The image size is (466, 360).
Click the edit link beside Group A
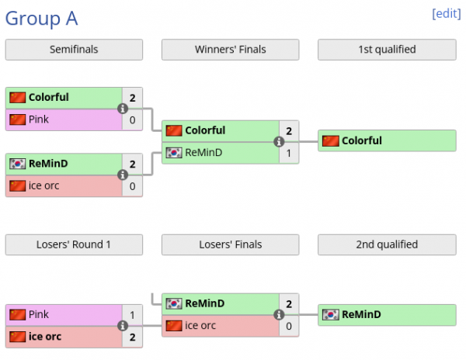coord(446,13)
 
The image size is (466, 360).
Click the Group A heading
coord(42,19)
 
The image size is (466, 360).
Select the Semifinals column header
coord(74,50)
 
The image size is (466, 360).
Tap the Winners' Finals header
coord(230,50)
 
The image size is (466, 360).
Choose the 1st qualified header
coord(387,50)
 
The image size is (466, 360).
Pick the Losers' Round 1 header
coord(74,244)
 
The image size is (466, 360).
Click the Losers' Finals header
coord(230,244)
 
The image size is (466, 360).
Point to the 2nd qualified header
coord(387,244)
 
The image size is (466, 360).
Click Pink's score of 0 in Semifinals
coord(133,119)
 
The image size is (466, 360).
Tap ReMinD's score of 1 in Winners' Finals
coord(289,153)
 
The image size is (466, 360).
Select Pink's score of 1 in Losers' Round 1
coord(133,315)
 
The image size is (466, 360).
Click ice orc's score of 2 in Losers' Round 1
coord(133,337)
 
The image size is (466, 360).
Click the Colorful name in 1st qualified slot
coord(362,141)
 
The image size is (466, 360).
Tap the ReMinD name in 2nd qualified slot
coord(361,315)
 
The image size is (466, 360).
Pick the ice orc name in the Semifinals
coord(46,186)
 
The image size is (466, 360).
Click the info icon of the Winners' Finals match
coord(278,142)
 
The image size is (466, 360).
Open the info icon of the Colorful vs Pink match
coord(122,109)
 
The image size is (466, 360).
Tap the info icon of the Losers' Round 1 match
coord(122,326)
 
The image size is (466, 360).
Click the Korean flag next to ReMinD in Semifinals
coord(18,164)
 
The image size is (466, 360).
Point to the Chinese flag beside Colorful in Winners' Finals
coord(174,131)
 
